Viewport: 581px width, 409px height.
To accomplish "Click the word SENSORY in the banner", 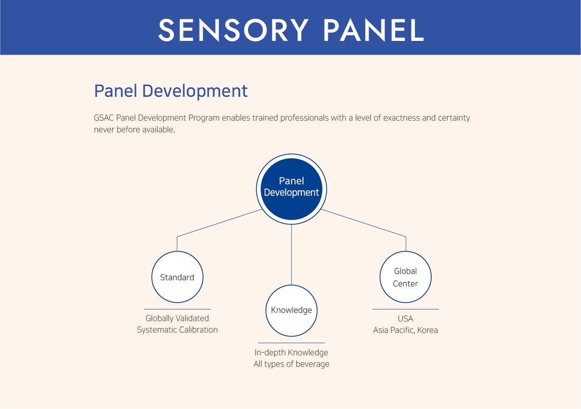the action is click(233, 30).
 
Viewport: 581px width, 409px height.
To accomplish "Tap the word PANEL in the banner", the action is click(374, 30).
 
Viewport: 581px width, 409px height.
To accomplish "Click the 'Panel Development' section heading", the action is click(171, 91).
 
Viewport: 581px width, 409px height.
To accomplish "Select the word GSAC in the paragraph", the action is click(104, 118).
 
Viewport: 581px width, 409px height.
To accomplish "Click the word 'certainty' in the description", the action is click(454, 118).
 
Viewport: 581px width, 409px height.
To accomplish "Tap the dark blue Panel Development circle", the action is click(291, 189).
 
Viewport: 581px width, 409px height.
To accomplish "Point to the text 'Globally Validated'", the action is click(177, 319).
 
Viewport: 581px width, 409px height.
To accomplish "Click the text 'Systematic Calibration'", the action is click(177, 330).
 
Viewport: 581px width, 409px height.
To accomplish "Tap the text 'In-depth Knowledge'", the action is click(291, 353).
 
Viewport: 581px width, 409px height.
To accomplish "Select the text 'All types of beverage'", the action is click(291, 364).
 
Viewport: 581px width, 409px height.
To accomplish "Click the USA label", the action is click(405, 319).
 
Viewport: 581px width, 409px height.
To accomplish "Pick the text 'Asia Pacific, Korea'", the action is click(405, 330).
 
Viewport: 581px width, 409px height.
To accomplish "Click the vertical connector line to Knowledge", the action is click(291, 254).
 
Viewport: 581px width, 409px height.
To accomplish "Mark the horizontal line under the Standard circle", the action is click(177, 309).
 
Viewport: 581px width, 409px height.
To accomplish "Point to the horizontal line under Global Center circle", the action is click(405, 309).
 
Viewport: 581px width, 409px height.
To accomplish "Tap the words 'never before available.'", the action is click(134, 129).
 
